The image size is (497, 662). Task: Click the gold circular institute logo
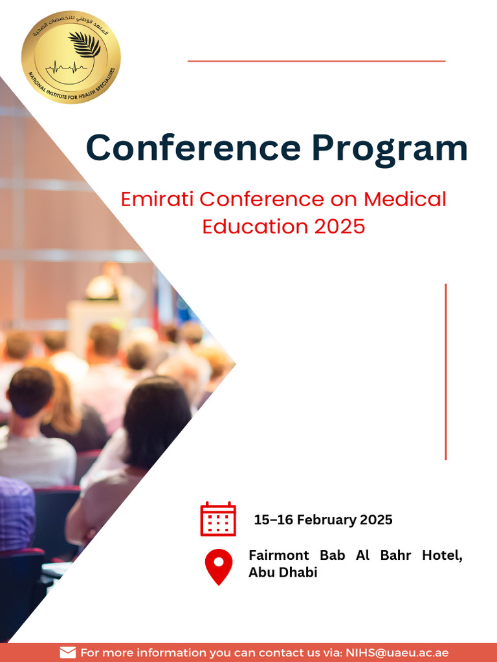[x=71, y=57]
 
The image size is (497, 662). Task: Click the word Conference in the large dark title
[x=193, y=148]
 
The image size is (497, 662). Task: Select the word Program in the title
[x=390, y=148]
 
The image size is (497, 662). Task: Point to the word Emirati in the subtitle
[x=157, y=199]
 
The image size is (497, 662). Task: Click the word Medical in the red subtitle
[x=404, y=199]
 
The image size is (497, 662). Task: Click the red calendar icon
[x=218, y=518]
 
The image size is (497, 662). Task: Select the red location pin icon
[x=218, y=566]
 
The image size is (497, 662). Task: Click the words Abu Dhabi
[x=283, y=573]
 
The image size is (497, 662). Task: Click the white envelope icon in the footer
[x=68, y=652]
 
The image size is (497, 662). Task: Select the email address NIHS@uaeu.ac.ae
[x=397, y=652]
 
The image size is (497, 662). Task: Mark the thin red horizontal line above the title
[x=316, y=61]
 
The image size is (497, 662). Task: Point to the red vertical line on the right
[x=446, y=372]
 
